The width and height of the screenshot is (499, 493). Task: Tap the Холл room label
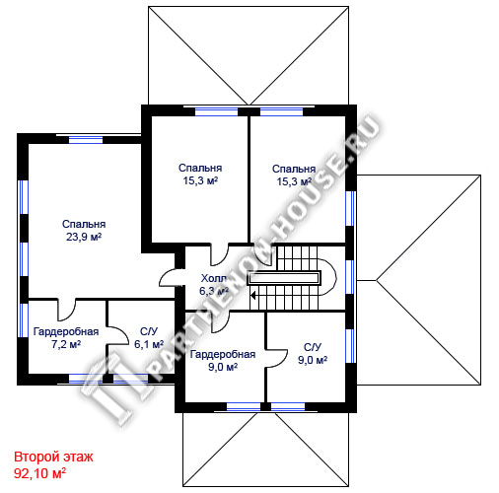tap(214, 278)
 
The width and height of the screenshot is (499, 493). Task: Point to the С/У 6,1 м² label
tap(149, 338)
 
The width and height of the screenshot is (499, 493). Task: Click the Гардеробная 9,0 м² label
tap(223, 361)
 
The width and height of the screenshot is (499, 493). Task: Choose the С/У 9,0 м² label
tap(313, 354)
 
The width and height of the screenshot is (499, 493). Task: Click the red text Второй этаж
tap(53, 457)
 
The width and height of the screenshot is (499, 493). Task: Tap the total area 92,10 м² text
tap(39, 473)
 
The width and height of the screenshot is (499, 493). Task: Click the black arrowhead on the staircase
tap(253, 295)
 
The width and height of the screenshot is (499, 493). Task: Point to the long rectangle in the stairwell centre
tap(284, 278)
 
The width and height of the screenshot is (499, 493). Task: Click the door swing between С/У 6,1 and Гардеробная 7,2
tap(117, 335)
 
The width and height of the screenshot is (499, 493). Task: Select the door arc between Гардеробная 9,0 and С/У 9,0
tap(277, 359)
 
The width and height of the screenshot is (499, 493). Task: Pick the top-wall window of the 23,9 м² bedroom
tap(86, 140)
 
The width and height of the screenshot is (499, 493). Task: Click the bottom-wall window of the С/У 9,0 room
tap(288, 407)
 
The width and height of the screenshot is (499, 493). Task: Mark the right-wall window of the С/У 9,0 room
tap(351, 346)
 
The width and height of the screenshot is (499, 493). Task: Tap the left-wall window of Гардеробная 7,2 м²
tap(23, 320)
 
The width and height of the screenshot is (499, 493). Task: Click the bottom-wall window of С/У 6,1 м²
tap(130, 379)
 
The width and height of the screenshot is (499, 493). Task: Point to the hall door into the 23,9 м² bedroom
tap(171, 278)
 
